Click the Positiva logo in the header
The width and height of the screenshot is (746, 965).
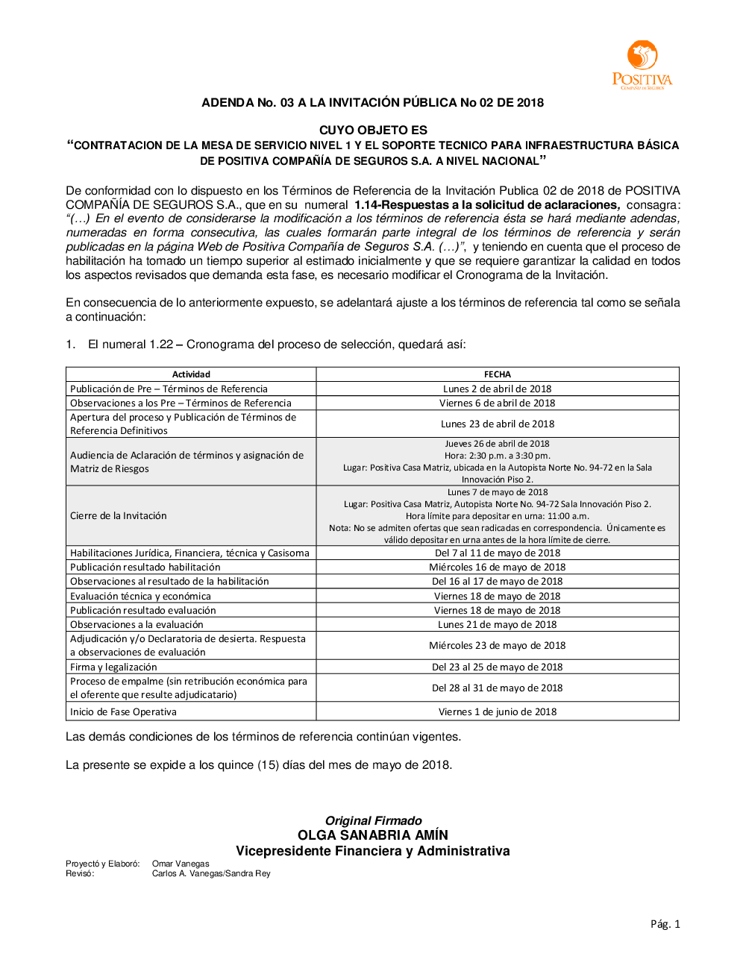[642, 65]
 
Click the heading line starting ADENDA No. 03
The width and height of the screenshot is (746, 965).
[372, 103]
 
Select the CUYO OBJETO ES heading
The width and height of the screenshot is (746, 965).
[373, 130]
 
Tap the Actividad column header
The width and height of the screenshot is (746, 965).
[191, 374]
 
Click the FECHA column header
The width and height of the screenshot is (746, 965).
[498, 374]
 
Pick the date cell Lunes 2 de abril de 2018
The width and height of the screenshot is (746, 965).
[498, 389]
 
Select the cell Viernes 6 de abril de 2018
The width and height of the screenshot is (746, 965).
[498, 403]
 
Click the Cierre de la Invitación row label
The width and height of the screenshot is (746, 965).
[119, 516]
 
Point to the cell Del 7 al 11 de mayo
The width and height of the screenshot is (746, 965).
[498, 553]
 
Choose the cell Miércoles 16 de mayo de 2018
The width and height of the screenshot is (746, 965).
[498, 567]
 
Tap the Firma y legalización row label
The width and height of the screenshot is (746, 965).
[113, 667]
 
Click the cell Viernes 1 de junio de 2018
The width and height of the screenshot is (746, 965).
[498, 711]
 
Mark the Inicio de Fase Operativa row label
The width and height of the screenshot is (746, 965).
[123, 711]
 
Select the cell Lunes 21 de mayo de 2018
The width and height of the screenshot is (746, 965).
[498, 624]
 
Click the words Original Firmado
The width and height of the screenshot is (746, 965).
[373, 820]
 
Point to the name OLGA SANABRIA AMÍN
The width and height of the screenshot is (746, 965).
[373, 835]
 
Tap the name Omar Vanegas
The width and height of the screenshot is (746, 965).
[181, 864]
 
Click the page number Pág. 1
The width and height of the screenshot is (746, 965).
[665, 924]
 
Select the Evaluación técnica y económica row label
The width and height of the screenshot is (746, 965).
[140, 596]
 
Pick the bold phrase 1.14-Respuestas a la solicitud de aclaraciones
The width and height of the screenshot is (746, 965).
[487, 204]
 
